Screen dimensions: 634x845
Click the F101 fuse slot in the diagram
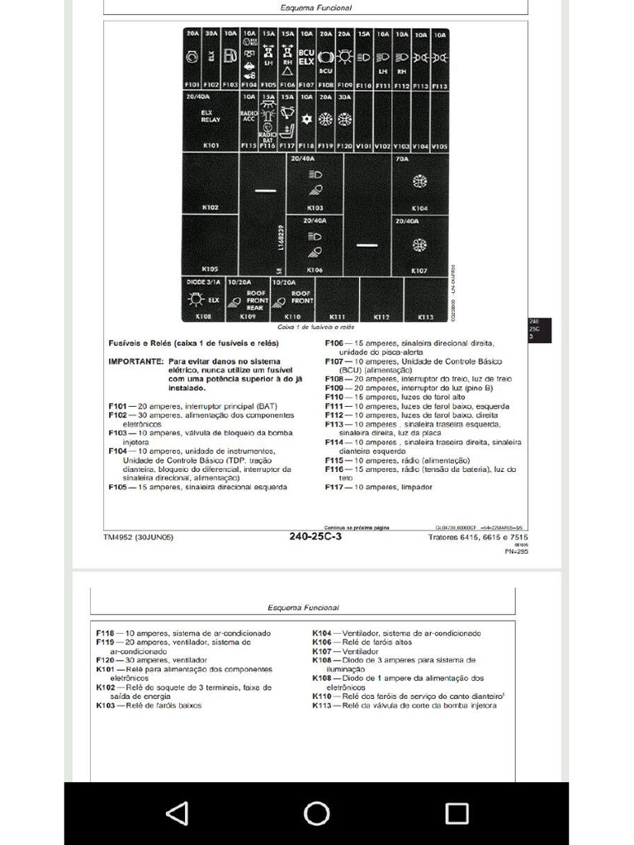coord(192,59)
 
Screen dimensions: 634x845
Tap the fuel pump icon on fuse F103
coord(230,57)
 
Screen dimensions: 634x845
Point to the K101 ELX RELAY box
coord(211,120)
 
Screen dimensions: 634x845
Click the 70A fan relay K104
coord(419,182)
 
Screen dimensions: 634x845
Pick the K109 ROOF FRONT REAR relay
coord(248,300)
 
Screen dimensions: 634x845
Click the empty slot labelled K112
coord(381,300)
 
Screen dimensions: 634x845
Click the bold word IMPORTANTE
coord(135,361)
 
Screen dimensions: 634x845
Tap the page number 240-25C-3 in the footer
coord(315,536)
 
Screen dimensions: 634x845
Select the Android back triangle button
coord(177,814)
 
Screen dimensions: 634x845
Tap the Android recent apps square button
coord(457,814)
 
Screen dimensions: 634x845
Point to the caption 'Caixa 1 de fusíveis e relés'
coord(315,327)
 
